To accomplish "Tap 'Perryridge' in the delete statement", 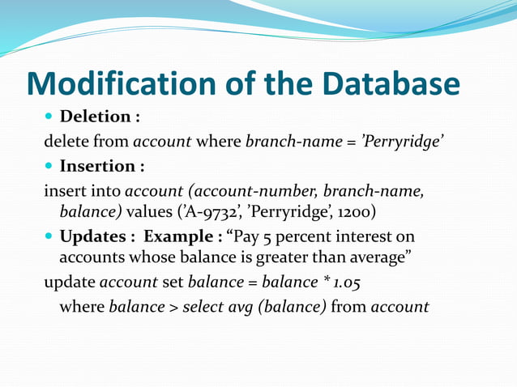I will pyautogui.click(x=401, y=142).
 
